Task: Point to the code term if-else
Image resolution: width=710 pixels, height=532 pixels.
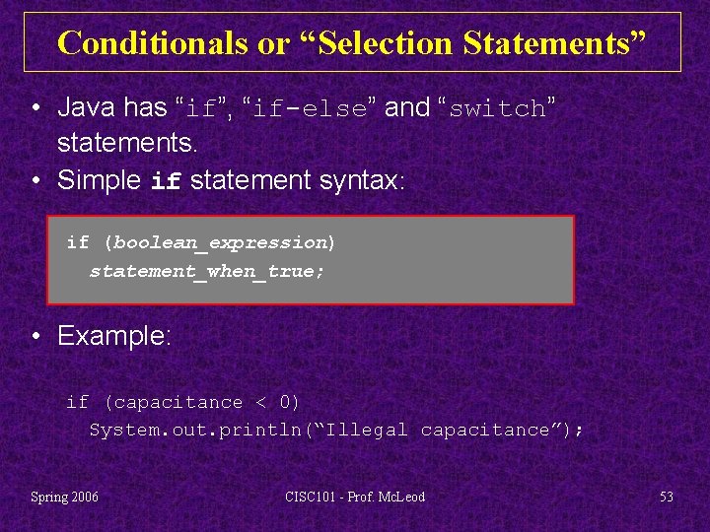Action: click(310, 108)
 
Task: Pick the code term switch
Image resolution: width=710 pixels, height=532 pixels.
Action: click(496, 108)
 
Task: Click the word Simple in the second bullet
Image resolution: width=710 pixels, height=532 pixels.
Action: click(100, 180)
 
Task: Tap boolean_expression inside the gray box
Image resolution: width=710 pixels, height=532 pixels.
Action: click(219, 242)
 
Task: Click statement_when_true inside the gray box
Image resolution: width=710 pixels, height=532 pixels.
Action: click(204, 270)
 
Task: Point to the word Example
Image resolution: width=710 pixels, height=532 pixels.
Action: click(114, 336)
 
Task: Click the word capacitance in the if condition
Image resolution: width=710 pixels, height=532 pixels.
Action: click(178, 402)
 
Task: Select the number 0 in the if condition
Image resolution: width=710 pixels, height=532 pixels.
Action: click(286, 402)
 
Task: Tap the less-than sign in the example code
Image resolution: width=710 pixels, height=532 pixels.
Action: click(260, 402)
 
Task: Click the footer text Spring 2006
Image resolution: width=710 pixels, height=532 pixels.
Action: click(65, 497)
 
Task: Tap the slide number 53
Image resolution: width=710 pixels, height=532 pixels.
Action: click(667, 497)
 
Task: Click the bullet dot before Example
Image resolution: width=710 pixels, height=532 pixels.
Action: click(35, 337)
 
